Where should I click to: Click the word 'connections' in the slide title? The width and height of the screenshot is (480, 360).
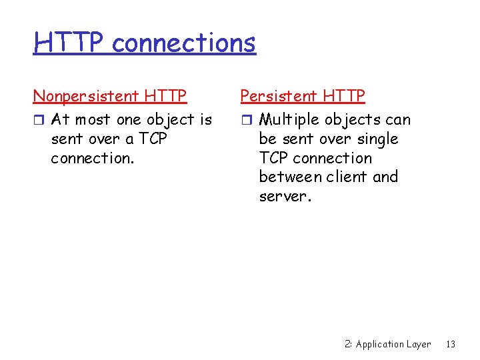pyautogui.click(x=183, y=43)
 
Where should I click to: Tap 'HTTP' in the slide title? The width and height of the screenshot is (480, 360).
pyautogui.click(x=69, y=43)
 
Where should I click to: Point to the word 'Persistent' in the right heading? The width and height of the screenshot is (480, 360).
pyautogui.click(x=279, y=96)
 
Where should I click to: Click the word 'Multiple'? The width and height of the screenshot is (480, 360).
pyautogui.click(x=284, y=120)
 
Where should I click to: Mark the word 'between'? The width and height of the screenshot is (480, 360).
pyautogui.click(x=289, y=177)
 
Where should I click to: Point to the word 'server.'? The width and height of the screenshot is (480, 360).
pyautogui.click(x=285, y=197)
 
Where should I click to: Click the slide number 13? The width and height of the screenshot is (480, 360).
pyautogui.click(x=451, y=344)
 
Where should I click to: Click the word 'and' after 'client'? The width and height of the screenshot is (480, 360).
pyautogui.click(x=385, y=177)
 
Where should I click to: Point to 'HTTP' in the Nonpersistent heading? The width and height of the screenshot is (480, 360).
pyautogui.click(x=165, y=96)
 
